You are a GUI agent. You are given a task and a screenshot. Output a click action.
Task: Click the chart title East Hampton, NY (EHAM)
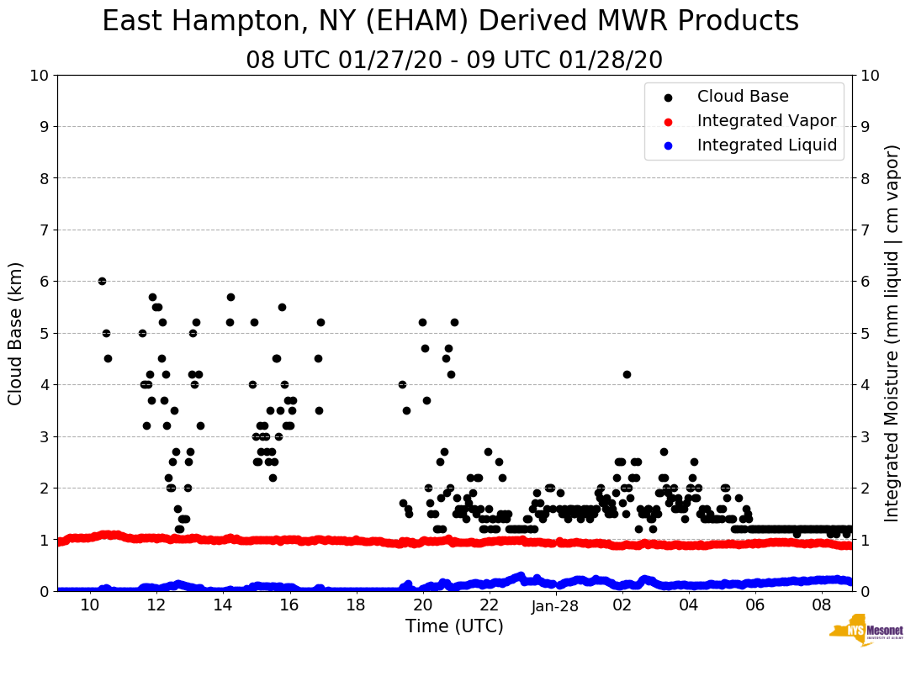(x=450, y=22)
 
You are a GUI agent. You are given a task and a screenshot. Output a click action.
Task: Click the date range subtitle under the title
(x=454, y=61)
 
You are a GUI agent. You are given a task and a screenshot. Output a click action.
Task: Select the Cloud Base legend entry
(x=743, y=97)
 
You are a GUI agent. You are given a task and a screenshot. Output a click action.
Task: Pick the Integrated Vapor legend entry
(x=766, y=121)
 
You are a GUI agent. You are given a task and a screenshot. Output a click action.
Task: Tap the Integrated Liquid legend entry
(x=766, y=145)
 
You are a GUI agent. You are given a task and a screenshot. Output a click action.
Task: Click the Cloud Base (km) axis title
(x=16, y=333)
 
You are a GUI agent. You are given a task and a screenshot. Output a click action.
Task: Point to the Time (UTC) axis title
(x=454, y=626)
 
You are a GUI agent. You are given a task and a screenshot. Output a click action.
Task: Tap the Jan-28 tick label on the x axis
(x=555, y=606)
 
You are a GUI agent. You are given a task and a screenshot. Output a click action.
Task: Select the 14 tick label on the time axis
(x=222, y=606)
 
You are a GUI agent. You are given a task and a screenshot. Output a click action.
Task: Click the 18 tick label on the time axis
(x=356, y=606)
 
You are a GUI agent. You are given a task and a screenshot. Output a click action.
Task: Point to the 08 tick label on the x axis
(x=822, y=606)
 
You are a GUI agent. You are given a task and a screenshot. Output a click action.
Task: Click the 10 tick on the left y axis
(x=39, y=76)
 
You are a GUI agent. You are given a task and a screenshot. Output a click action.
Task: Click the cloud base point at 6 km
(x=102, y=281)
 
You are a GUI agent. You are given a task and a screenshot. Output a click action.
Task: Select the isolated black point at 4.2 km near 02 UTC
(x=627, y=374)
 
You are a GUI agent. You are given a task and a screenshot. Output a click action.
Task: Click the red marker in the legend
(x=668, y=121)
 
